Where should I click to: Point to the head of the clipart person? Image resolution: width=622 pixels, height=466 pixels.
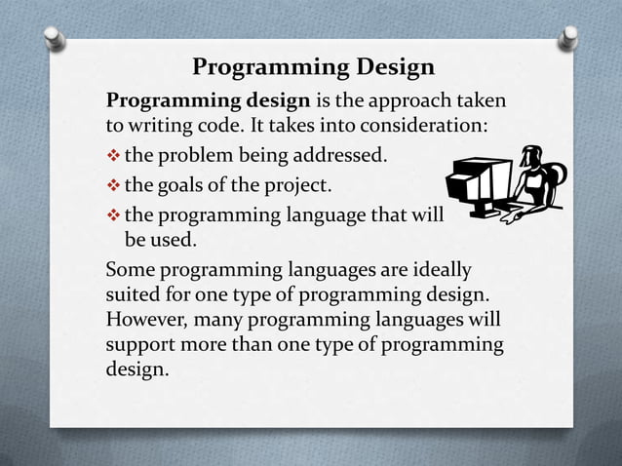pyautogui.click(x=531, y=156)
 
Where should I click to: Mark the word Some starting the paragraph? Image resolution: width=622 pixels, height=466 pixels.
pyautogui.click(x=132, y=269)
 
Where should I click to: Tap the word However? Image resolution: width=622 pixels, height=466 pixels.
pyautogui.click(x=146, y=320)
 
